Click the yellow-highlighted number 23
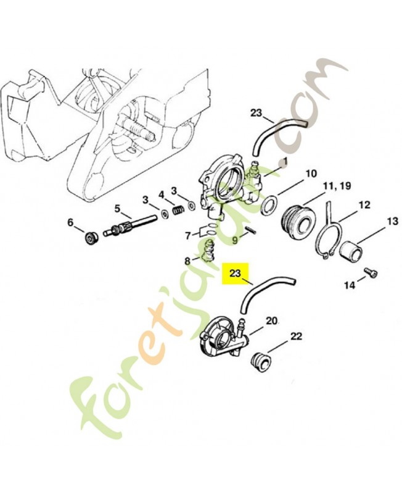(x=235, y=272)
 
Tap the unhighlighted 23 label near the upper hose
(x=256, y=113)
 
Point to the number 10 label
(x=310, y=174)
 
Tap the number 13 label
(x=392, y=222)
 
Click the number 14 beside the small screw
(x=350, y=285)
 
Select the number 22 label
(x=297, y=336)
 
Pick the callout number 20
(x=271, y=320)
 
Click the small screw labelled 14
(x=371, y=272)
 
